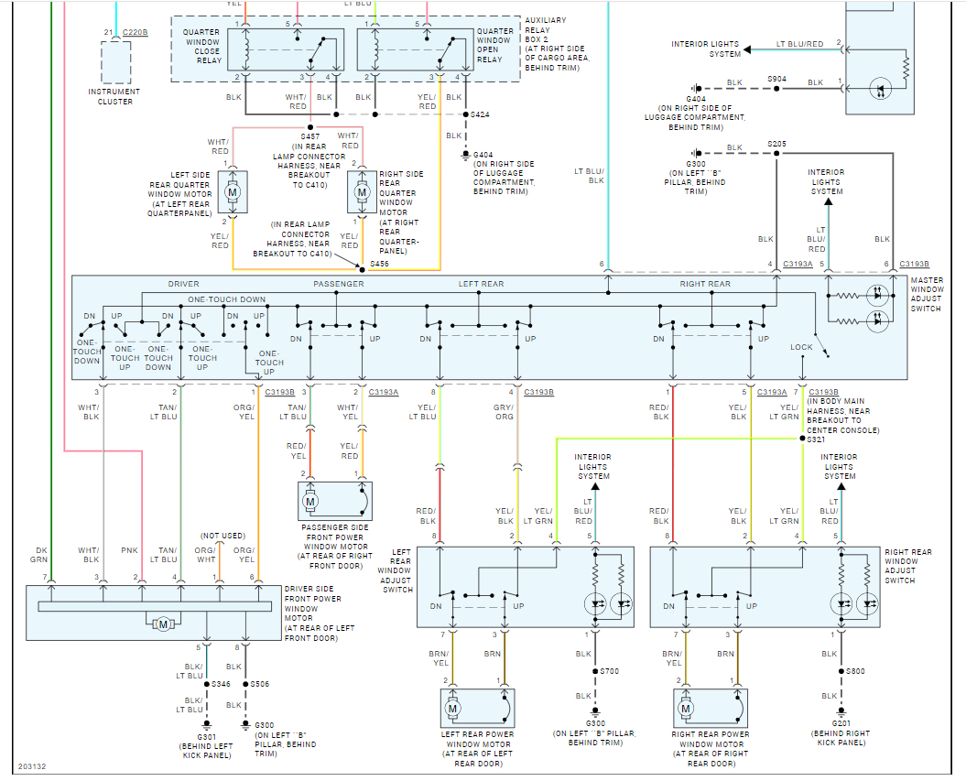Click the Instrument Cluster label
pyautogui.click(x=114, y=96)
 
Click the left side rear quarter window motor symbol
pyautogui.click(x=232, y=193)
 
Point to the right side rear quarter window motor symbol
pyautogui.click(x=362, y=193)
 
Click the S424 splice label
pyautogui.click(x=480, y=115)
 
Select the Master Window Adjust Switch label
pyautogui.click(x=935, y=294)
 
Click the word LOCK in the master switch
pyautogui.click(x=801, y=347)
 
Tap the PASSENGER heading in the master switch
pyautogui.click(x=339, y=284)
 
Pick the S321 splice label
pyautogui.click(x=816, y=439)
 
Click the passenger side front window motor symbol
pyautogui.click(x=310, y=501)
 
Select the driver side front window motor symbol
pyautogui.click(x=164, y=624)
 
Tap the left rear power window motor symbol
pyautogui.click(x=452, y=708)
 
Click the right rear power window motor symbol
pyautogui.click(x=686, y=708)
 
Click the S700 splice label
pyautogui.click(x=610, y=671)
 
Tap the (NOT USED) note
pyautogui.click(x=220, y=535)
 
